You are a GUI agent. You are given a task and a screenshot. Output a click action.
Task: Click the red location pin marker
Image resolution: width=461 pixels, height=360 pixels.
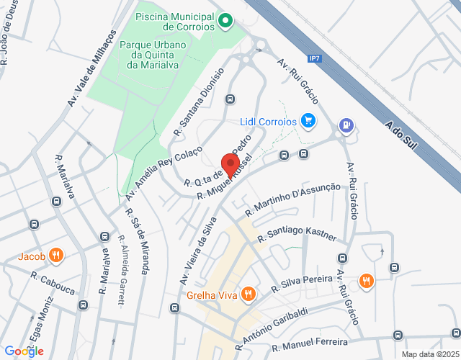point(230,164)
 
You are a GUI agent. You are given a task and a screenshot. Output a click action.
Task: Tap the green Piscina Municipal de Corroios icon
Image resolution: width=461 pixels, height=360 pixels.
point(225,20)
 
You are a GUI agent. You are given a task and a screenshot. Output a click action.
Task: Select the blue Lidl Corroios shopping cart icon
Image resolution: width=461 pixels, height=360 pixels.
point(308,121)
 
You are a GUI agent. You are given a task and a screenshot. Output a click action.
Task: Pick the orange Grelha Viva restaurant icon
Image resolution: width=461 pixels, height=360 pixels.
point(249,293)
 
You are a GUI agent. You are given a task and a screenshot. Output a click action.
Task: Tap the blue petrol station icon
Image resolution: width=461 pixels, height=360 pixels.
point(347,125)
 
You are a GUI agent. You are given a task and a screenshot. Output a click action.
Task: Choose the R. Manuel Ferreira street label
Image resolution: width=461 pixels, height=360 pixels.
point(310,342)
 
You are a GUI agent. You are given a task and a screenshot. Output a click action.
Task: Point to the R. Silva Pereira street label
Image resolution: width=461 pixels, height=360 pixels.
point(302,283)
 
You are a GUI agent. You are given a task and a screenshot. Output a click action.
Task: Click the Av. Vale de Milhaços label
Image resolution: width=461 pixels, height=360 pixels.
point(91,68)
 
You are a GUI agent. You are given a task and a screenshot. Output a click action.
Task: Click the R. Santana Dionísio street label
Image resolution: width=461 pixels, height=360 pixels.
point(199,102)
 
